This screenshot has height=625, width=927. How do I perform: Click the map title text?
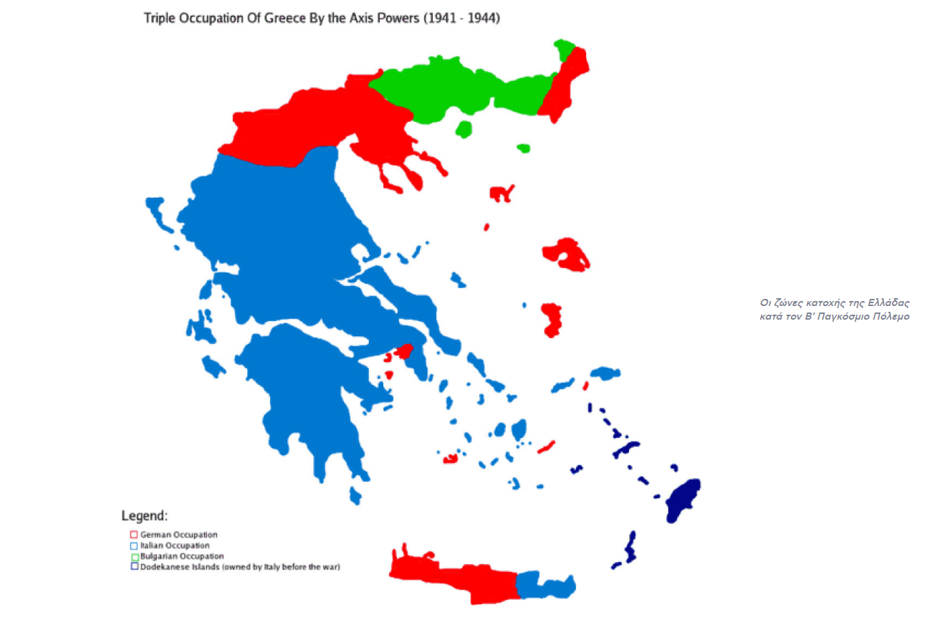pos(322,19)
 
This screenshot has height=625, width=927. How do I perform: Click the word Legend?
pos(145,516)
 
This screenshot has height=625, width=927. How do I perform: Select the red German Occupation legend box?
pos(133,535)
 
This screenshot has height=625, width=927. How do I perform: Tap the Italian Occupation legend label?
pos(175,545)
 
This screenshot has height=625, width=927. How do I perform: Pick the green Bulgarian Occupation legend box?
pos(133,556)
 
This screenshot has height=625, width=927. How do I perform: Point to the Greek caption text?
pos(835,310)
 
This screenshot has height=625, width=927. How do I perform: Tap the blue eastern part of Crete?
pos(544,585)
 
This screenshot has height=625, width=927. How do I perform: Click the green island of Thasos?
pos(464,129)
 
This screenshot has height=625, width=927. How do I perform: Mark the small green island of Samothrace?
pos(524,148)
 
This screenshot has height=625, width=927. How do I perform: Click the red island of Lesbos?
pos(567,254)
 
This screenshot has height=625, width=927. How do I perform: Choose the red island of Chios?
pos(552,320)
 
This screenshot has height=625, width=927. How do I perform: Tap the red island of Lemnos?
pos(501,192)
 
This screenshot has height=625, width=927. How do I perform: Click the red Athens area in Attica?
pos(404,350)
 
